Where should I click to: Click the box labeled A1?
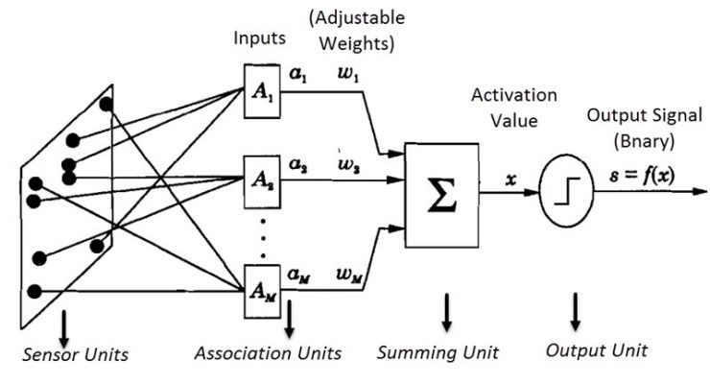(262, 93)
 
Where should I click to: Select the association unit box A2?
(262, 178)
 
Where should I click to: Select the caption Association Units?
(268, 352)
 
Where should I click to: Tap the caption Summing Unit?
(438, 352)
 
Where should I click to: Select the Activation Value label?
(508, 108)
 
